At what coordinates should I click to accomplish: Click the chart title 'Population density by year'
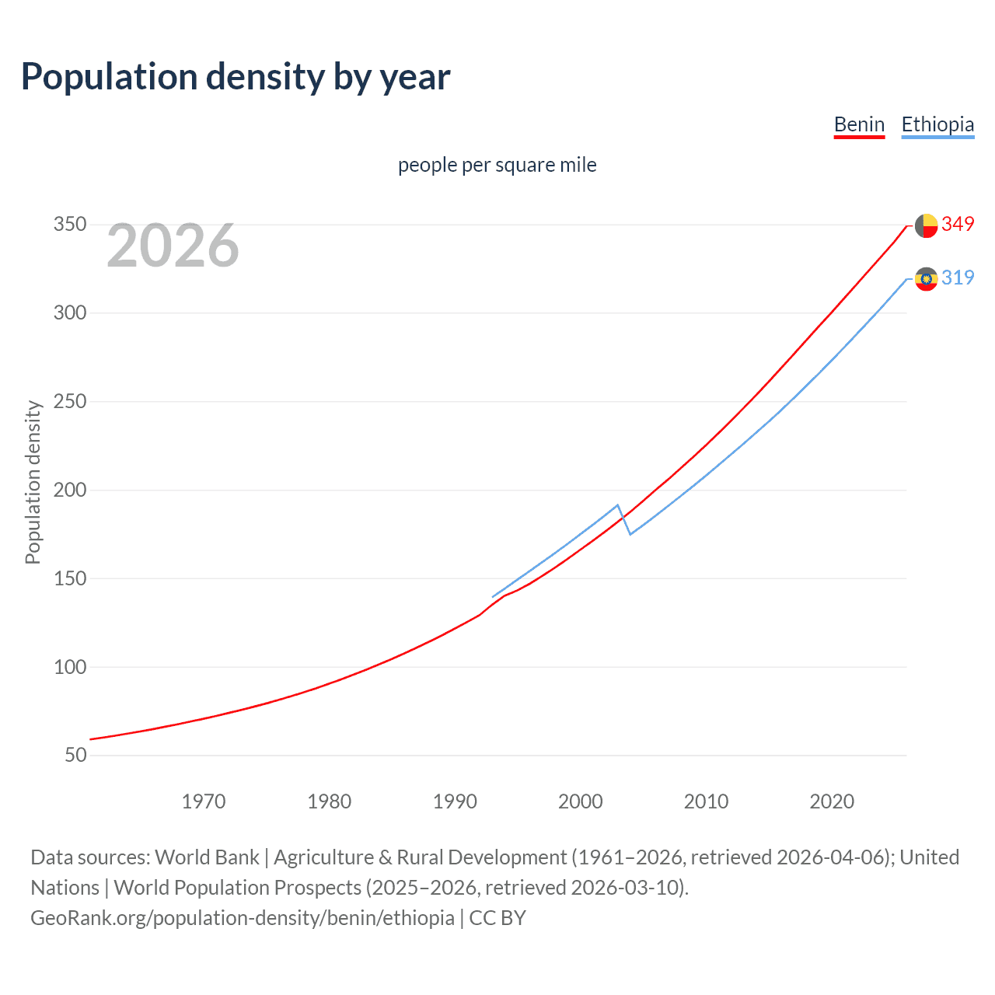tap(236, 77)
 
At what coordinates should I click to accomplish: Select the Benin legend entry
tap(859, 124)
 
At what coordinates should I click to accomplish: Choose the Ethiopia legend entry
tap(937, 124)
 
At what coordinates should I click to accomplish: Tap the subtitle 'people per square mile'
tap(497, 165)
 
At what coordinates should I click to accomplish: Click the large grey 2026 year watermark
tap(173, 246)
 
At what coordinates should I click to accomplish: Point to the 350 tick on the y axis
tap(70, 225)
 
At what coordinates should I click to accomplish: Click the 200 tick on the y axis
tap(70, 490)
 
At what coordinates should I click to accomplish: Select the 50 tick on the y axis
tap(75, 755)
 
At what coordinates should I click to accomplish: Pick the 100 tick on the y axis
tap(70, 667)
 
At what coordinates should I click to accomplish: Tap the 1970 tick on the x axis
tap(204, 801)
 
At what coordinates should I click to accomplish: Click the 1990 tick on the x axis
tap(455, 801)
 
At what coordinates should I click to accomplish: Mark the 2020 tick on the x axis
tap(832, 801)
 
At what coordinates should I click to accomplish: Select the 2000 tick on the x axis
tap(581, 801)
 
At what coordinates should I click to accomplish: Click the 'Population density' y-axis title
tap(33, 482)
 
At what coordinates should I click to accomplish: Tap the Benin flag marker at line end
tap(926, 225)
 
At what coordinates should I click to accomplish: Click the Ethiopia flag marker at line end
tap(926, 278)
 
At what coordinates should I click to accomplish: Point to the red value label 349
tap(958, 224)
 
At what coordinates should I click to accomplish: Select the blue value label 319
tap(958, 278)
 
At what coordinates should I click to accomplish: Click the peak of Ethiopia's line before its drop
tap(617, 505)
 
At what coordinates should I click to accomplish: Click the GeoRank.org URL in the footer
tap(243, 917)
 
